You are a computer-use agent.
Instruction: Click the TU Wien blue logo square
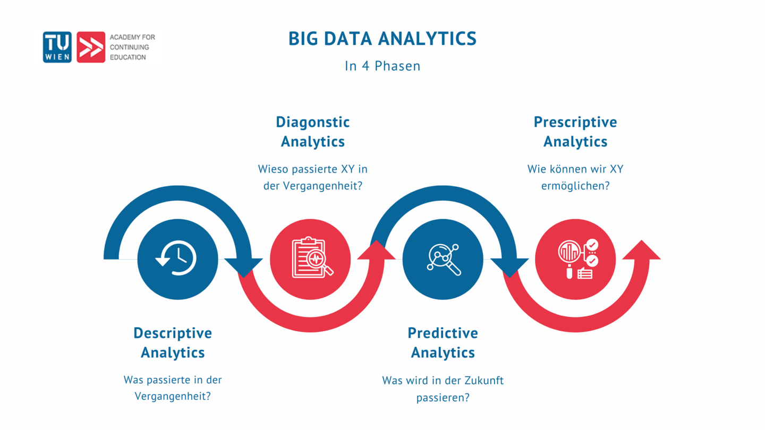(57, 47)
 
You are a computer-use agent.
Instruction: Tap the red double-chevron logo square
(91, 47)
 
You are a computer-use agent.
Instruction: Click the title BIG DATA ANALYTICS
(382, 39)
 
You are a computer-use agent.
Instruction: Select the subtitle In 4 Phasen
(382, 66)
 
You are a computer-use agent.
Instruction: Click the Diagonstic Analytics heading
(313, 132)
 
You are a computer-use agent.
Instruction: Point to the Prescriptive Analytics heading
(575, 132)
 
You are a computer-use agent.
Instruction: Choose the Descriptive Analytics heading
(173, 343)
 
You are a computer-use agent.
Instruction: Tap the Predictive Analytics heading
(443, 343)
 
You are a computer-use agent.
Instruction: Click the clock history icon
(177, 259)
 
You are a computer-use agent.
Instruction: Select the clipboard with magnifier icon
(311, 259)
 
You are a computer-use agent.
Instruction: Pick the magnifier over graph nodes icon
(443, 259)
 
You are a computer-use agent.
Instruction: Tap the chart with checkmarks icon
(576, 259)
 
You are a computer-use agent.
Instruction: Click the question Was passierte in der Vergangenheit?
(173, 388)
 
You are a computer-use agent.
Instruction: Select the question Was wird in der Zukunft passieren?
(443, 389)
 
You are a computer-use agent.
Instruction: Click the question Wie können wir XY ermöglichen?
(575, 178)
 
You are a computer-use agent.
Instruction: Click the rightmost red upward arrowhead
(642, 251)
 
